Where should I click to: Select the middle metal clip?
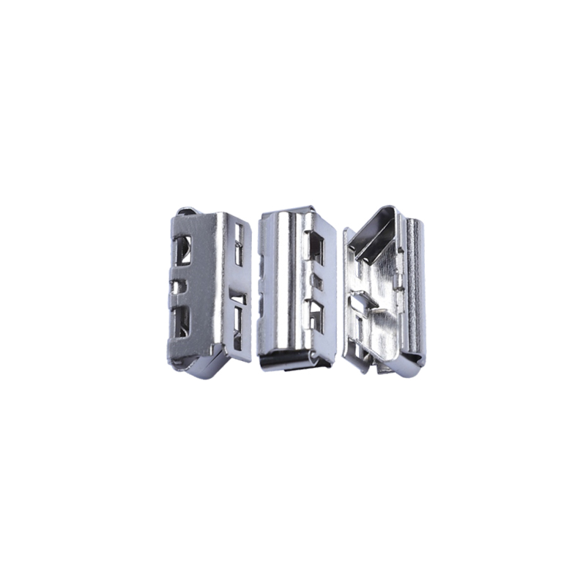point(296,289)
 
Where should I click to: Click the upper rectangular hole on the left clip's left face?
point(182,250)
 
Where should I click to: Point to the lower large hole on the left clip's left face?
point(181,321)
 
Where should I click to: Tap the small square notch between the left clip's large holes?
point(178,286)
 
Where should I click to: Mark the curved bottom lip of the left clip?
point(201,365)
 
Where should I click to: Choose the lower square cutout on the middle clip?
point(316,315)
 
